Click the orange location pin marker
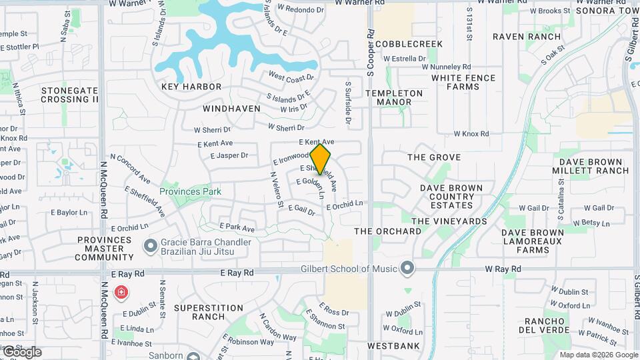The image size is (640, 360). coord(321,159)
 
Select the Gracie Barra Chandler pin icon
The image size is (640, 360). coord(151,248)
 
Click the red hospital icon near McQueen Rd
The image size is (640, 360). coord(121,292)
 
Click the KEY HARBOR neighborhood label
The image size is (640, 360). coord(191,87)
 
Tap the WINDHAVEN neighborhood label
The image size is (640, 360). coord(231,108)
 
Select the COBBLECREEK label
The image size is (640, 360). coord(409,44)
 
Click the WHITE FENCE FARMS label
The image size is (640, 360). coord(463,82)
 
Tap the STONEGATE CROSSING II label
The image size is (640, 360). coord(69,95)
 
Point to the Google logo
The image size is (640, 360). coord(22,352)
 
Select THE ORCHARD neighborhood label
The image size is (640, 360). coord(388,231)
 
